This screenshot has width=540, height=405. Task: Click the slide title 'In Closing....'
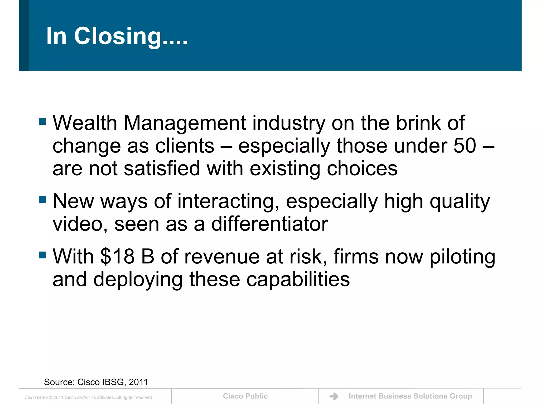(x=117, y=36)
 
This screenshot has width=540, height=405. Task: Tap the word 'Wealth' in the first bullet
(x=85, y=123)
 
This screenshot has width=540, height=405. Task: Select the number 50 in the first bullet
(x=465, y=146)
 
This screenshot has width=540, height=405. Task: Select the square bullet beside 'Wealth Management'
(x=42, y=122)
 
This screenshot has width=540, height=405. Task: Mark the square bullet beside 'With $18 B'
(x=42, y=255)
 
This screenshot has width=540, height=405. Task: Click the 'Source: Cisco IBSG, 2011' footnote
(x=96, y=382)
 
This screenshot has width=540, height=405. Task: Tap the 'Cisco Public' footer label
(x=245, y=396)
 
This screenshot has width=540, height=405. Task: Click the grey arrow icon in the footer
(x=334, y=396)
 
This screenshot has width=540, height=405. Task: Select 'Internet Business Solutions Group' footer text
(x=410, y=396)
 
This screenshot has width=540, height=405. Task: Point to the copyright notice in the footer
(x=89, y=397)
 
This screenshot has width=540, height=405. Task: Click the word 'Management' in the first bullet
(x=185, y=123)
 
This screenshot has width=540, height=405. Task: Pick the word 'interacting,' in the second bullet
(x=228, y=201)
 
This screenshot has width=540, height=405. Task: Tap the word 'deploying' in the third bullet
(x=138, y=280)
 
